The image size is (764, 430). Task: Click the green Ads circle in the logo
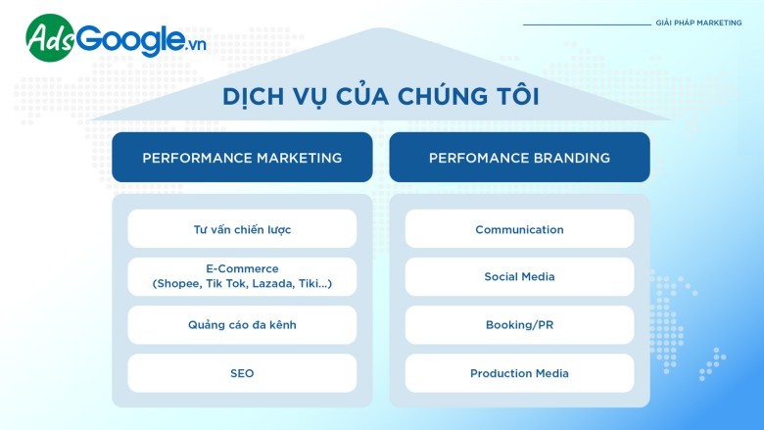[50, 38]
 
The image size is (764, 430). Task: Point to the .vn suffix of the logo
[196, 45]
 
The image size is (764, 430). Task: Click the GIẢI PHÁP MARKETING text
[698, 23]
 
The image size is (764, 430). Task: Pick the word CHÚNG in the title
[443, 95]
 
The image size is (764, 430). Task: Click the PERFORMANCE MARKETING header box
[242, 158]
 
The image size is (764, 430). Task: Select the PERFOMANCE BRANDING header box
[519, 158]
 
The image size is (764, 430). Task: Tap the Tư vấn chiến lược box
[242, 229]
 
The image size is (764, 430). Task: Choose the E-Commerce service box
[242, 276]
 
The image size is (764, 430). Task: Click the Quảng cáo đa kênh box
[242, 325]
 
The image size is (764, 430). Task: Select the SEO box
[242, 373]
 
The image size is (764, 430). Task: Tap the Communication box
[519, 229]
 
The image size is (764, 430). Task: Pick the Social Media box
[519, 276]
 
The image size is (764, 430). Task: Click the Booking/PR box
[519, 325]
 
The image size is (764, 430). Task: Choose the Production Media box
[519, 373]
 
